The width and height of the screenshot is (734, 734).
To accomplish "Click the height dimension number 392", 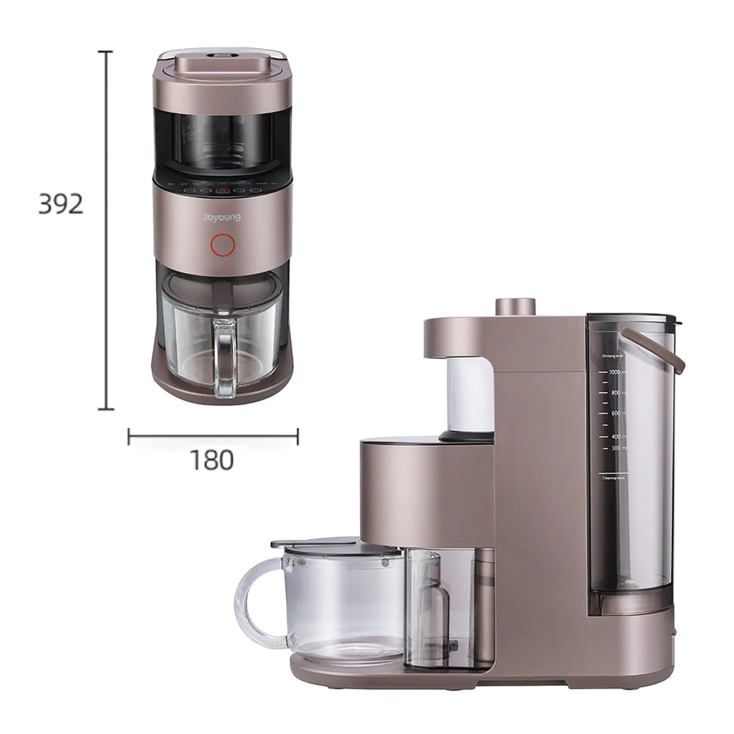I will pos(61,205).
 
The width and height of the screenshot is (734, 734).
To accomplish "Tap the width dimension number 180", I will pos(211,461).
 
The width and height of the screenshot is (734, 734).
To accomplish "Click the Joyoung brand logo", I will pos(221,217).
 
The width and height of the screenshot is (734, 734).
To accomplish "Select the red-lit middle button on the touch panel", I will pos(222,191).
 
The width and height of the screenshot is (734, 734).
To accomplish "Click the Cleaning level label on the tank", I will pos(614,477).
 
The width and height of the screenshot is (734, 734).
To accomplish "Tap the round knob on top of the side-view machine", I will pos(515,306).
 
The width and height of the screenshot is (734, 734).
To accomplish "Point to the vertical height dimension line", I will pos(107,229).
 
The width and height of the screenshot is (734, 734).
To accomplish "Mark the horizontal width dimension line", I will pos(213,434).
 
